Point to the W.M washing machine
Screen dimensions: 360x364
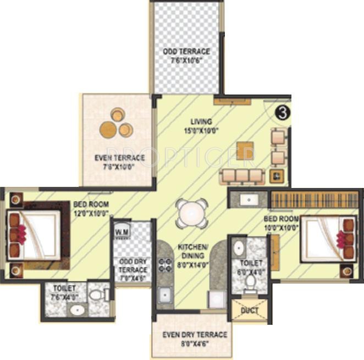[x=121, y=233]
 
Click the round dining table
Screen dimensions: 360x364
[x=192, y=212]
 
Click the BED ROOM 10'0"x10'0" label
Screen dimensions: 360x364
[x=281, y=222]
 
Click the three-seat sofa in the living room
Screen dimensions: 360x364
[x=241, y=176]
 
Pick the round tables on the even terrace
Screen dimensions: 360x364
[x=117, y=124]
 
